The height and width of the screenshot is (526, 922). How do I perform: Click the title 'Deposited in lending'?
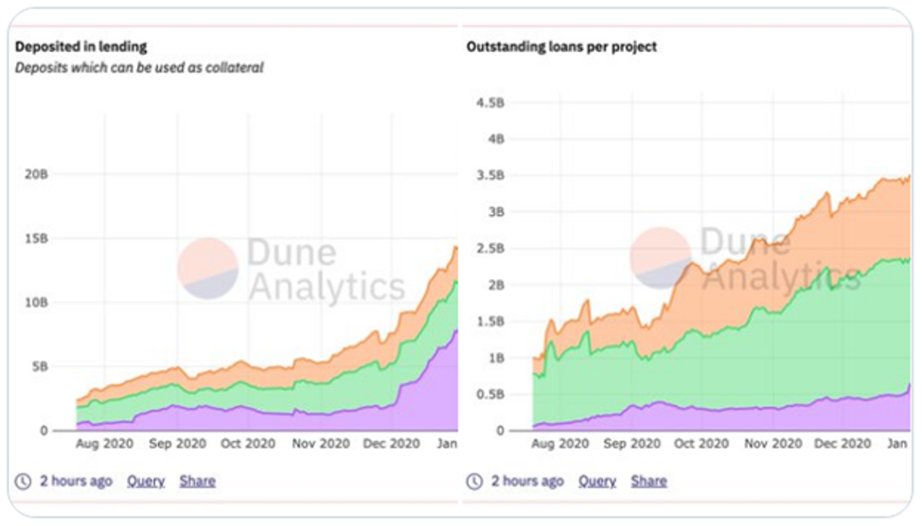click(80, 46)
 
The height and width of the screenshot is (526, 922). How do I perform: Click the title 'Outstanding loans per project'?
click(561, 46)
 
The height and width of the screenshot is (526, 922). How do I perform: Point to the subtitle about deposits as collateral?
click(138, 68)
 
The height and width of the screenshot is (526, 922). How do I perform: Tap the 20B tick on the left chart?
click(35, 174)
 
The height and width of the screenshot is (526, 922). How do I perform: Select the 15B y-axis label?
click(35, 238)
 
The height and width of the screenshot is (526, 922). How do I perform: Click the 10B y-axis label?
click(35, 303)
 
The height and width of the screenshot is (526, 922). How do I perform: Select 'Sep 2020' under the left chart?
click(177, 443)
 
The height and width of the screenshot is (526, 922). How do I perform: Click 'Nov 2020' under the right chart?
click(771, 443)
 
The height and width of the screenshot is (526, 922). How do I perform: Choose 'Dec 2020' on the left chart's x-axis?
click(391, 443)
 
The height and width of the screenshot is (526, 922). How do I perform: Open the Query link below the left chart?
click(146, 481)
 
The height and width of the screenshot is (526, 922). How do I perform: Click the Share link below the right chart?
click(648, 481)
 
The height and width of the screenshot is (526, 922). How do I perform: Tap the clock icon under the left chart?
click(24, 481)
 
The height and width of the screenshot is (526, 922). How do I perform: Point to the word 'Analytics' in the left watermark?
click(326, 286)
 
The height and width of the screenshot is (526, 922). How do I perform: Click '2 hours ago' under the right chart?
click(527, 481)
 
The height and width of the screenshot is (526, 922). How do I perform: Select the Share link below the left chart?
click(197, 481)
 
